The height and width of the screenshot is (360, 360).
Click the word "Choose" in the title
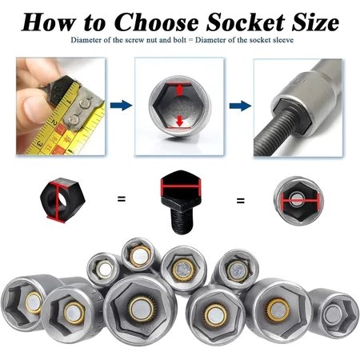158,22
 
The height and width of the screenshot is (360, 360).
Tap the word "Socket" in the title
246,22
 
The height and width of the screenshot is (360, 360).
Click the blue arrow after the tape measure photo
121,105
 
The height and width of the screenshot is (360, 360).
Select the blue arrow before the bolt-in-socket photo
240,106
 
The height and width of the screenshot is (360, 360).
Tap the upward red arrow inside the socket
180,90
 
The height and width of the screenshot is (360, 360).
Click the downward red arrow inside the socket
180,121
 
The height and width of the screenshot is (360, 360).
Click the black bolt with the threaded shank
181,202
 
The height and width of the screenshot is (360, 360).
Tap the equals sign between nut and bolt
122,198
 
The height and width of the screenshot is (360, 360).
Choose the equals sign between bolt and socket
241,201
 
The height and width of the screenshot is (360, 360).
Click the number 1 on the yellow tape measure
68,101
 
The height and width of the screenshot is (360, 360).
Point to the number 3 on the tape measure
40,144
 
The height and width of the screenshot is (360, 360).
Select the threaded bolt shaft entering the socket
278,130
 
